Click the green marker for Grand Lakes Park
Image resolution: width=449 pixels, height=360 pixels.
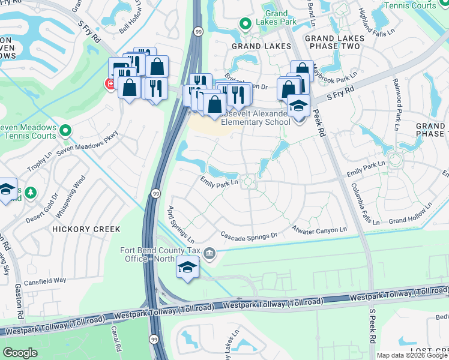[245, 24]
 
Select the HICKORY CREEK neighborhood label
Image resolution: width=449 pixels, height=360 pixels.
[86, 229]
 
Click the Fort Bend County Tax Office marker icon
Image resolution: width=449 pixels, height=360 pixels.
[209, 253]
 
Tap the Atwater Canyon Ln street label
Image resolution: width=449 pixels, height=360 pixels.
[319, 229]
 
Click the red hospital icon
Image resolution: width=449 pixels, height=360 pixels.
[110, 84]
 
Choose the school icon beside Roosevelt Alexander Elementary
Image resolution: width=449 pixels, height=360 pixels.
[297, 106]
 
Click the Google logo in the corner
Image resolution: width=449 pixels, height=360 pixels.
[20, 352]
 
